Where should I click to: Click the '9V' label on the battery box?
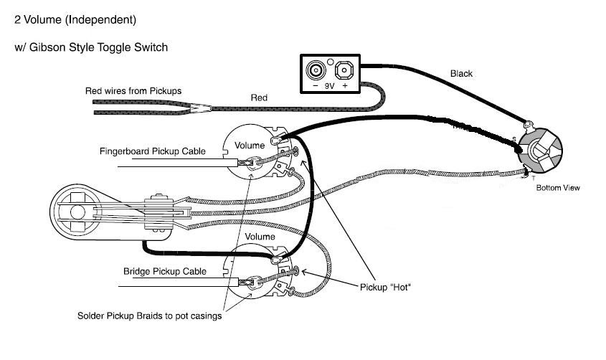click(x=329, y=86)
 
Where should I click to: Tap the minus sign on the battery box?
click(x=316, y=86)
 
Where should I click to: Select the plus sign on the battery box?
click(x=345, y=86)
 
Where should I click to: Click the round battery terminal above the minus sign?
click(x=316, y=70)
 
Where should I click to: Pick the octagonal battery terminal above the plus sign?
click(x=344, y=70)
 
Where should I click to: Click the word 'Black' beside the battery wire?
click(x=461, y=73)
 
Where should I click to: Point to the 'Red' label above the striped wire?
click(x=259, y=98)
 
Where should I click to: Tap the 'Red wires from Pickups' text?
click(x=133, y=91)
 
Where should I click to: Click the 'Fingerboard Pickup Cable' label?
click(x=152, y=151)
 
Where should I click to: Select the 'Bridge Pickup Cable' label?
click(x=165, y=271)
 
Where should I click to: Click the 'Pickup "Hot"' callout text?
click(x=385, y=288)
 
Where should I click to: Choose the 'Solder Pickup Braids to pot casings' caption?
click(x=150, y=316)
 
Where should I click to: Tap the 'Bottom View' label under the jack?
click(x=558, y=188)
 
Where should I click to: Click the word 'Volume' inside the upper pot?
click(x=250, y=146)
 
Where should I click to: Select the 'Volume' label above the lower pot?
click(x=260, y=237)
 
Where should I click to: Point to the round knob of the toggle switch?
click(x=77, y=212)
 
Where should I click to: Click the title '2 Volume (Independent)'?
click(x=75, y=19)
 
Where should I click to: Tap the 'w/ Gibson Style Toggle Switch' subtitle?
click(x=91, y=47)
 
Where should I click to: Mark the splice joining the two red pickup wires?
click(x=200, y=108)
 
